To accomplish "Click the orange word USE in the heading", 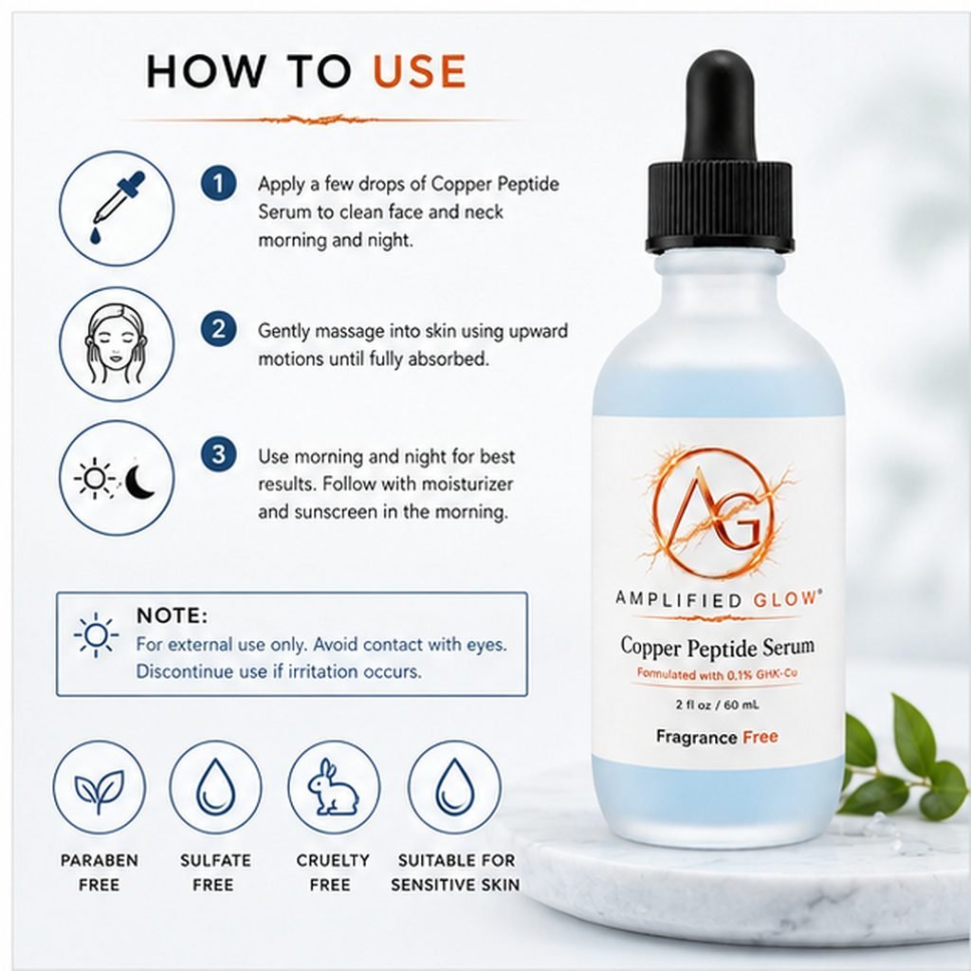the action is point(419,71).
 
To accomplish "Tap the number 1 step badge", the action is point(219,183).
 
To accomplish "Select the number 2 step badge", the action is point(219,329).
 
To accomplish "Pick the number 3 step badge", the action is point(219,454).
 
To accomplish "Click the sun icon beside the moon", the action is point(95,478).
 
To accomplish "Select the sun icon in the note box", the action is point(96,634).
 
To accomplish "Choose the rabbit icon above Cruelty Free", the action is point(333,786).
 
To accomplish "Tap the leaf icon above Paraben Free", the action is point(99,789).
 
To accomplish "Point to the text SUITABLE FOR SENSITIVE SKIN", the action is point(455,872).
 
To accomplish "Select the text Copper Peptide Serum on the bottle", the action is point(717,647).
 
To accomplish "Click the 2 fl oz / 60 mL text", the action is point(717,705).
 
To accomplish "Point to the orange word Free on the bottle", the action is point(760,737).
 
